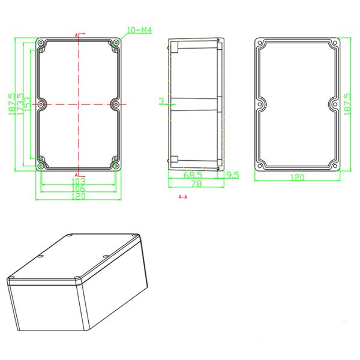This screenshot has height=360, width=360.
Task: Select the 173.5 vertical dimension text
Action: [21, 104]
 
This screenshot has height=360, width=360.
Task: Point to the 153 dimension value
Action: [29, 104]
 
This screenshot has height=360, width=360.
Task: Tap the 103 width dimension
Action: [79, 181]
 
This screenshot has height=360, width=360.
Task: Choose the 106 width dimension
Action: [79, 188]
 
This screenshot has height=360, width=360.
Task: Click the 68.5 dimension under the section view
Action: [192, 175]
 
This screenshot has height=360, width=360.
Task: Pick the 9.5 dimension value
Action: [232, 175]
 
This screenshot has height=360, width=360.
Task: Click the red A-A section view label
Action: [183, 197]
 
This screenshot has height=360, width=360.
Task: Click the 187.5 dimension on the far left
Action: [11, 104]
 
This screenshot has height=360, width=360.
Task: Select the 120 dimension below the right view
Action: [298, 178]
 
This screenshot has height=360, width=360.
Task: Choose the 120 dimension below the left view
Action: [79, 196]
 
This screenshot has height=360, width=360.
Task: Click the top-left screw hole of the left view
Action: [41, 44]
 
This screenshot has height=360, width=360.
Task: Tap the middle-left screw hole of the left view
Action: [41, 104]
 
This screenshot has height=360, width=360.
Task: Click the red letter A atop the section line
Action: [77, 36]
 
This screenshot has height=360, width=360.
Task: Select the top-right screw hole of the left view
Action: [116, 44]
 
